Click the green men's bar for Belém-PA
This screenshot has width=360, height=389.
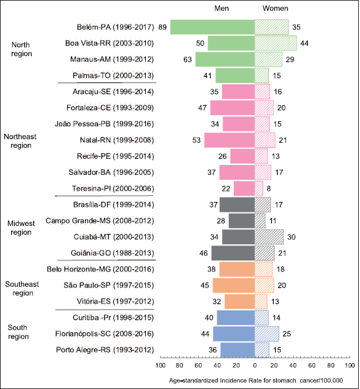[x=213, y=27]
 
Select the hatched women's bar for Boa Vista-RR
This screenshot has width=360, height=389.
[x=276, y=43]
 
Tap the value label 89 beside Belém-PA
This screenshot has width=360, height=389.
[x=162, y=27]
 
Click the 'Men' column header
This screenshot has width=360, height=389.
[x=222, y=9]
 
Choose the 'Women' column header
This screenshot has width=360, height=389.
[x=276, y=9]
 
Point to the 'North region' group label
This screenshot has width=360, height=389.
[x=22, y=49]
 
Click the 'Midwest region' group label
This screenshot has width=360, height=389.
[x=21, y=228]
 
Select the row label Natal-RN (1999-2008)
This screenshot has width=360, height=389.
[x=116, y=140]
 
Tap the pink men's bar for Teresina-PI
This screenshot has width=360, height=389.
[x=244, y=188]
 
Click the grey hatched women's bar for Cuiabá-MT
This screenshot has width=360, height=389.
[x=269, y=237]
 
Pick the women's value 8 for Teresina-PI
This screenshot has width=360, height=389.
[x=269, y=188]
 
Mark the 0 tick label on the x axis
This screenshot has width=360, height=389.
[x=255, y=366]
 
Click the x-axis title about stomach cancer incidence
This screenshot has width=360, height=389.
[x=256, y=380]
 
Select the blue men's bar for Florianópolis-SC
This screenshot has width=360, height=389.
[x=234, y=334]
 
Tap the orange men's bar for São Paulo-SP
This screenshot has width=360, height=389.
[x=234, y=286]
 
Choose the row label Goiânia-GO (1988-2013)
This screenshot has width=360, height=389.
[x=112, y=253]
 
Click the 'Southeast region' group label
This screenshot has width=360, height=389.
[x=22, y=289]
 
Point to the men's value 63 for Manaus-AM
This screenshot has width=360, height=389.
[x=188, y=60]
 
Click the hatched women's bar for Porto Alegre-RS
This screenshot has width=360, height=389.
[x=262, y=350]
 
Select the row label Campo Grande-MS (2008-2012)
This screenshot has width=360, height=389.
[x=100, y=221]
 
